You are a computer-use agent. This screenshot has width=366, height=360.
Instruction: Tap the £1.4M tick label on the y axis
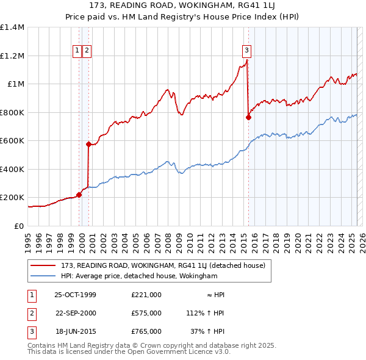pos(12,27)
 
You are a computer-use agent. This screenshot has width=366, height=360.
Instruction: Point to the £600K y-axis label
pos(12,141)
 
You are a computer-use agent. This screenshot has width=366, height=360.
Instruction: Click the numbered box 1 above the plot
pos(78,51)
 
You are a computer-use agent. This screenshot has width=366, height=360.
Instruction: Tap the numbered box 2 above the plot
pos(87,51)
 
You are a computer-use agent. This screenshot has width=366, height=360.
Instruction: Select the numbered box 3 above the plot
pos(246,51)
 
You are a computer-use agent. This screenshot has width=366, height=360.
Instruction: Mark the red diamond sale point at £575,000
pos(88,145)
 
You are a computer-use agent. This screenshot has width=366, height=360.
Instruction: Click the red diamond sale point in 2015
pos(248,118)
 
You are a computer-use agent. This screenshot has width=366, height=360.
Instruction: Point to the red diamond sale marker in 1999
pos(79,195)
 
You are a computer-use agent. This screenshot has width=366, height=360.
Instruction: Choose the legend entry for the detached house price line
pos(162,265)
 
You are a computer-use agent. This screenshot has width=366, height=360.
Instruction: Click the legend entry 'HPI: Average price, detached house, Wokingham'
pos(139,276)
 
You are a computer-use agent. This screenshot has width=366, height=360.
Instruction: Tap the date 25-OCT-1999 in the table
pos(76,295)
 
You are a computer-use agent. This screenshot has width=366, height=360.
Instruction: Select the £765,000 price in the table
pos(146,331)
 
